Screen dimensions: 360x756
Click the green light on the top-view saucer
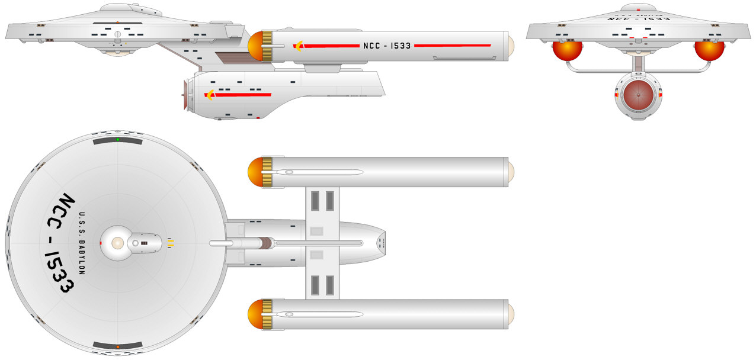[x=118, y=140]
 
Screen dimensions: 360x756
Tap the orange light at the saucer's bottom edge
[x=118, y=346]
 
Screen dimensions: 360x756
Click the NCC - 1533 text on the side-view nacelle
[x=387, y=46]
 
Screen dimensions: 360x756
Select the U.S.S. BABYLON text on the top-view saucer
[x=82, y=243]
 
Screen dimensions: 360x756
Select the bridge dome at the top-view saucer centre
[x=117, y=243]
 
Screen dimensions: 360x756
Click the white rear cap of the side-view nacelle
[x=511, y=46]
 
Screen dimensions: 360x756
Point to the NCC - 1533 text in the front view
[x=639, y=19]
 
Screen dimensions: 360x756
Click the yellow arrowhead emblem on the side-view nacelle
[x=298, y=46]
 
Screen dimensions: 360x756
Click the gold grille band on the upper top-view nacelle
[x=267, y=172]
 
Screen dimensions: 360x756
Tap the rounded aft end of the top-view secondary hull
[x=379, y=243]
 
